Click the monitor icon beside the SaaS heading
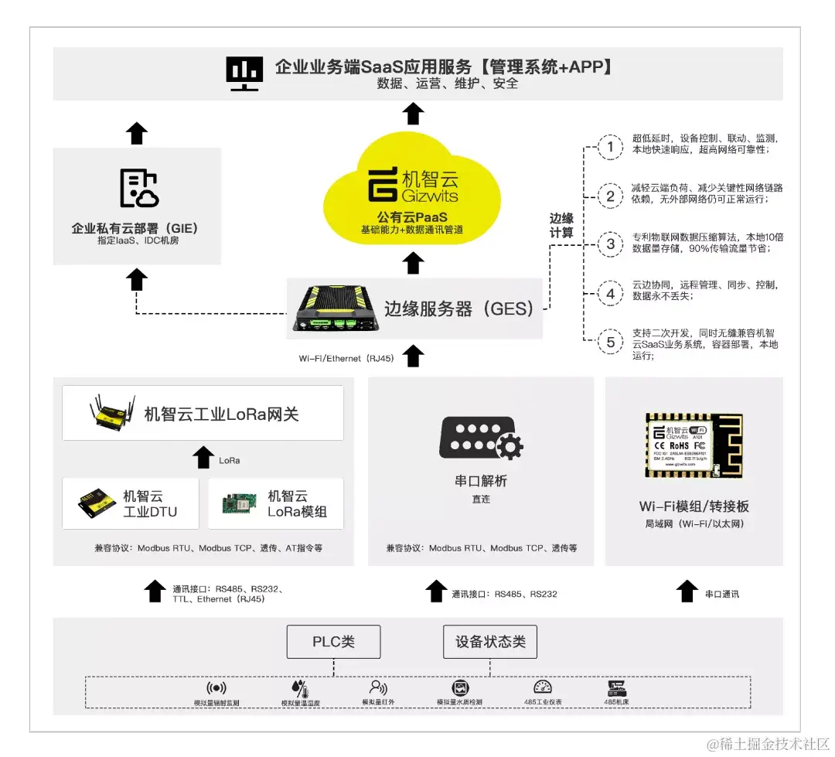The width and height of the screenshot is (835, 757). click(x=244, y=73)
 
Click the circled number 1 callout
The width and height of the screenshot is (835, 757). click(x=611, y=147)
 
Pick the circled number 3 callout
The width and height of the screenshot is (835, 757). click(x=611, y=245)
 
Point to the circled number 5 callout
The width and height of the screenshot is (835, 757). click(x=611, y=342)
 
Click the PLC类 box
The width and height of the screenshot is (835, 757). click(x=333, y=642)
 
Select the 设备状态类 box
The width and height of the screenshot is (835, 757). click(x=490, y=642)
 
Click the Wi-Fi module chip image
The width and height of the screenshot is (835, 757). click(x=694, y=446)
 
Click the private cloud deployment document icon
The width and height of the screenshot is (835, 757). click(x=138, y=189)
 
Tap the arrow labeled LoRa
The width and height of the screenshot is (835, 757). click(x=203, y=458)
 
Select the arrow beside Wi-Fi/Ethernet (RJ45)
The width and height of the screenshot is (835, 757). click(x=414, y=356)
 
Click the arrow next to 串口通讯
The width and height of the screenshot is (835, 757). click(x=687, y=592)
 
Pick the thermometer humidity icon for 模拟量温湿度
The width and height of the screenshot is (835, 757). click(x=300, y=688)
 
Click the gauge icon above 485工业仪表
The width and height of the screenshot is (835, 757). click(x=543, y=687)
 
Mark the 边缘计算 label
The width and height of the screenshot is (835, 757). click(x=561, y=224)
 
